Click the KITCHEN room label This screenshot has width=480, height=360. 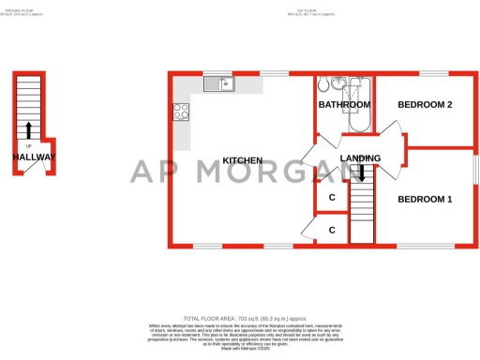click(242, 160)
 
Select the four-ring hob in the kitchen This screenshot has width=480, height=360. click(181, 112)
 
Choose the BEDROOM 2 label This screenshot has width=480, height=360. click(427, 104)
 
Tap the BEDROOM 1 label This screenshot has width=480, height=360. click(425, 199)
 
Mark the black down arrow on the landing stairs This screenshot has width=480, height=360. click(362, 172)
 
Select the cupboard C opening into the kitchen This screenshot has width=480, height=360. click(332, 230)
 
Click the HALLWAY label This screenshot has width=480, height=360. click(34, 157)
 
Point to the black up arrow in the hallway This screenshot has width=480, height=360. click(29, 130)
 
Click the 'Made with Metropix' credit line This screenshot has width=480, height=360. click(240, 349)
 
